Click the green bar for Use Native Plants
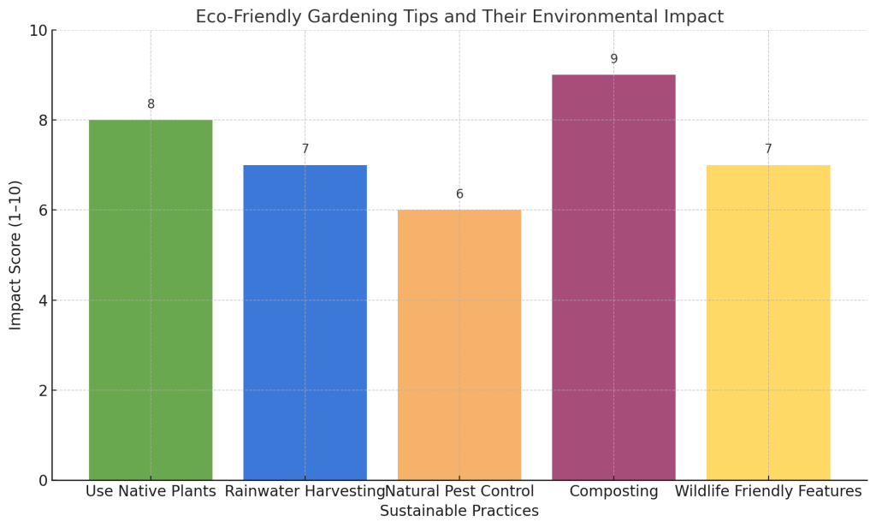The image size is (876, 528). (x=151, y=300)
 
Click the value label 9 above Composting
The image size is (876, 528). (x=613, y=59)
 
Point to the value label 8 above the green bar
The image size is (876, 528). (x=151, y=104)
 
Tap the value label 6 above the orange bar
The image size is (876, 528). (x=459, y=194)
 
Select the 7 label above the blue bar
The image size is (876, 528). (x=305, y=149)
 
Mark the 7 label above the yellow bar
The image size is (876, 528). (x=768, y=149)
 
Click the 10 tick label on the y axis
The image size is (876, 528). (x=38, y=31)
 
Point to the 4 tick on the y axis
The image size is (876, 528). (x=43, y=300)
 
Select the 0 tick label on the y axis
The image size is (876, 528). (x=43, y=481)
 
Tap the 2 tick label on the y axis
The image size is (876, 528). (x=43, y=391)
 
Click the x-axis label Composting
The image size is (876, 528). (x=613, y=491)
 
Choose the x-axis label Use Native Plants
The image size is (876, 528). (x=151, y=491)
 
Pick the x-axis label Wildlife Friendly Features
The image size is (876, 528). (x=768, y=491)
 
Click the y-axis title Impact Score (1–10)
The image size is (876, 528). (x=15, y=255)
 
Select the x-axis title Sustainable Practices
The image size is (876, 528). (x=459, y=512)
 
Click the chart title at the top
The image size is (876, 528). (x=459, y=16)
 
